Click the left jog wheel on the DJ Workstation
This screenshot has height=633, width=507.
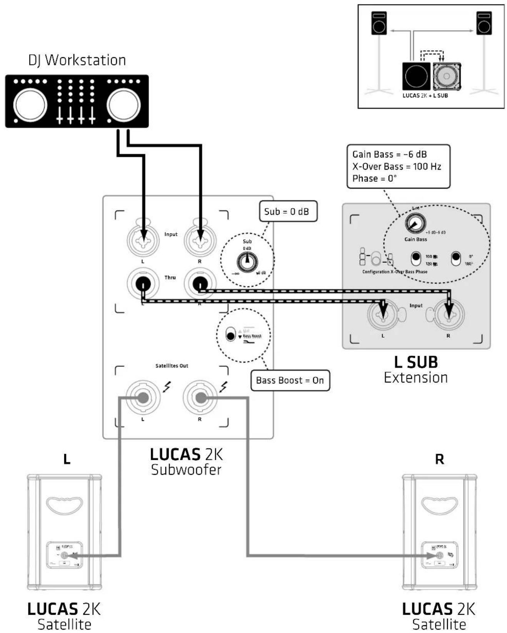30,105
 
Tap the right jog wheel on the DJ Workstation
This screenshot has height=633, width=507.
123,105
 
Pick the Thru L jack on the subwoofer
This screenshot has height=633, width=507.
143,284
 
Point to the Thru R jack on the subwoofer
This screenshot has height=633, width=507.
200,284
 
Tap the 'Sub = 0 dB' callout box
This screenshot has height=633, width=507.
288,211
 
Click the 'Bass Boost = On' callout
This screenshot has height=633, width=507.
290,380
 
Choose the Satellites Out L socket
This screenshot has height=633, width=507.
143,398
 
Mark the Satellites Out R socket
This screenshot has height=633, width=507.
200,398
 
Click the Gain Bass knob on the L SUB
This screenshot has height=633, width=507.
415,223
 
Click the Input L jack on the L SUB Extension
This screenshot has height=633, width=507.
383,314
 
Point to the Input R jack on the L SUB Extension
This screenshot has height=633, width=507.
449,314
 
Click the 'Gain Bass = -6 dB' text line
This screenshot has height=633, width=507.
389,154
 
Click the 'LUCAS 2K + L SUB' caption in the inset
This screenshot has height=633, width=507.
425,96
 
